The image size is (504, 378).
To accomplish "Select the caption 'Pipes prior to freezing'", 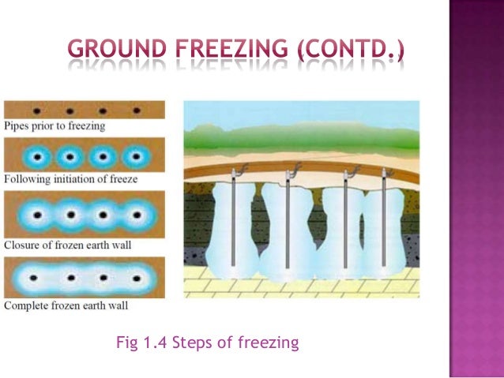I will click(x=55, y=125).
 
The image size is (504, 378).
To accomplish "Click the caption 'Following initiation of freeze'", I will click(x=70, y=179).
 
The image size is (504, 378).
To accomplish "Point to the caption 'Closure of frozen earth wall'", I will click(x=68, y=245).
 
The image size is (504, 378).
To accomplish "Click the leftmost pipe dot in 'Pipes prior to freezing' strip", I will click(x=37, y=110).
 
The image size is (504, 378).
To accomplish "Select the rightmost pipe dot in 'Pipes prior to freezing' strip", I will click(x=137, y=110).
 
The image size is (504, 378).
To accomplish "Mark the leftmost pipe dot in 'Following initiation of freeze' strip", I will click(x=36, y=155).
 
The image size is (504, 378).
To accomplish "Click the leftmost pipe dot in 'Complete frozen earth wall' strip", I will click(x=36, y=278).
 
